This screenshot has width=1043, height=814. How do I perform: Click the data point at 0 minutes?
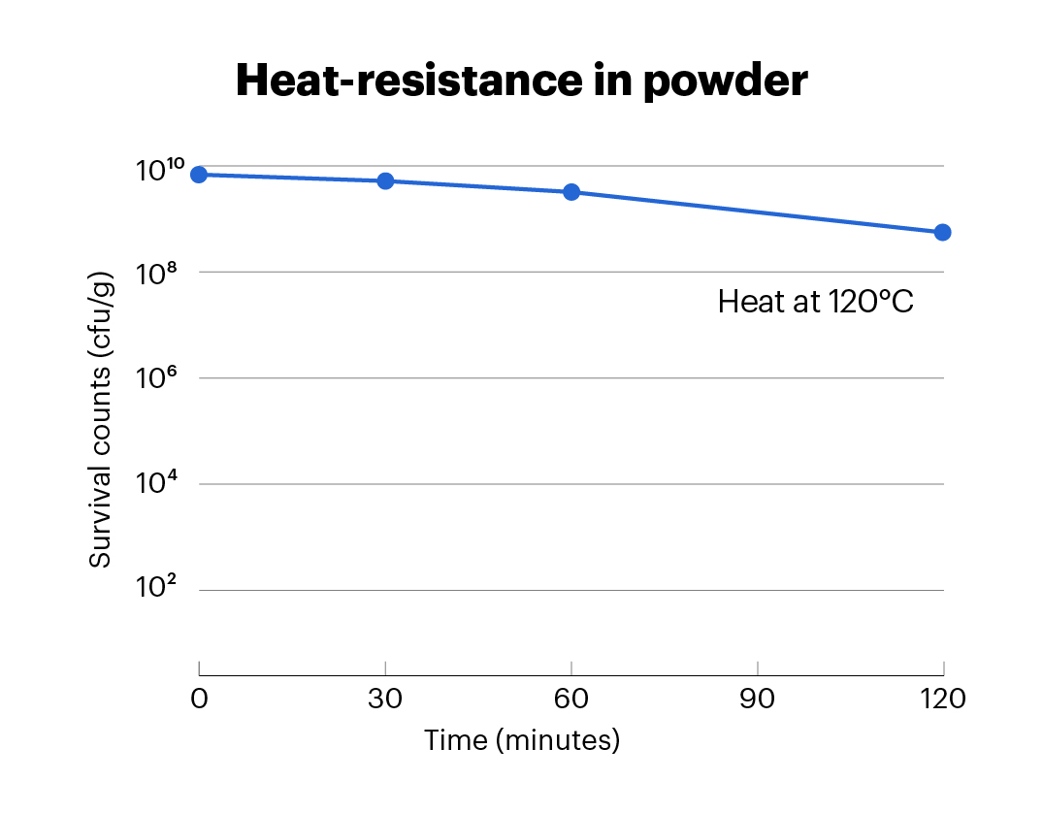coord(199,175)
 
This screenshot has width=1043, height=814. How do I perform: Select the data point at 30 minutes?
coord(385,180)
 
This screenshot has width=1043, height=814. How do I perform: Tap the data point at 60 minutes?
coord(571,192)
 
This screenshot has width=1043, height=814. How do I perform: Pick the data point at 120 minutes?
coord(942,232)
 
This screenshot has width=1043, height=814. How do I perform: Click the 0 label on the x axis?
coord(199,699)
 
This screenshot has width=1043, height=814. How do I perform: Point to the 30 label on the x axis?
coord(385,699)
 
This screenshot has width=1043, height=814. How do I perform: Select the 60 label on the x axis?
coord(571,699)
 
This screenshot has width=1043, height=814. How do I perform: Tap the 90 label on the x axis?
coord(757,699)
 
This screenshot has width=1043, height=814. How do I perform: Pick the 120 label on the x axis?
coord(942,699)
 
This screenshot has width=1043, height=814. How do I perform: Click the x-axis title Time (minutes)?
coord(521,741)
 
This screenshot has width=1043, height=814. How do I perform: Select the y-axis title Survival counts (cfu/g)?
coord(101,420)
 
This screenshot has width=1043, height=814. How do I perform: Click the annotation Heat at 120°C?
coord(816,302)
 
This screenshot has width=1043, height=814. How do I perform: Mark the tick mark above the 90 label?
coord(757,668)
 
